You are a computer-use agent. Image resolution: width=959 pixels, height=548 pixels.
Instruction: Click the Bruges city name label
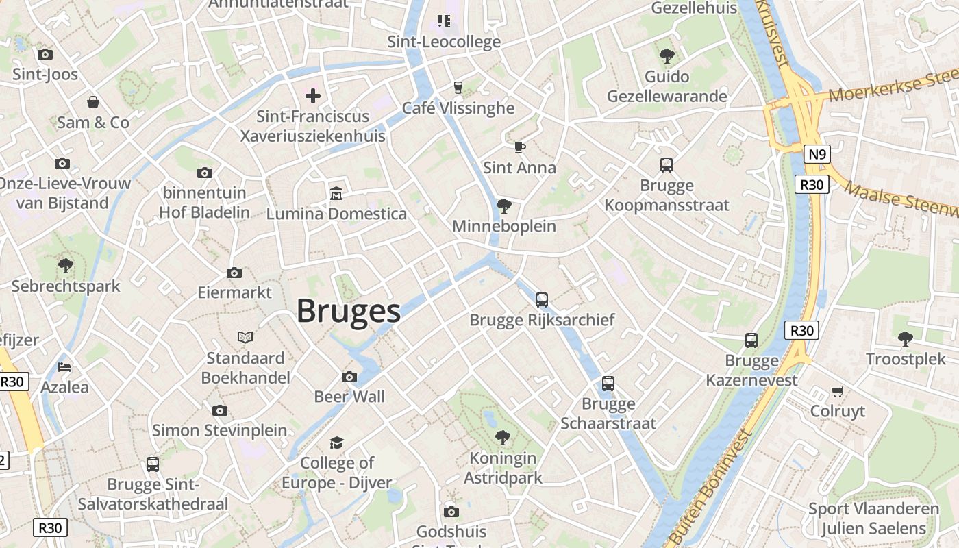[348, 312]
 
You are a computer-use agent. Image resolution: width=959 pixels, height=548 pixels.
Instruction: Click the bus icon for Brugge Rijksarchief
[542, 299]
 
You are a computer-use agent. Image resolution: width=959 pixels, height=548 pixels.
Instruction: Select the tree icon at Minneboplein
[504, 206]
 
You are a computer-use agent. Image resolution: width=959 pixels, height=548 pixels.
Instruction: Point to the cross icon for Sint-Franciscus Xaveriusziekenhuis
[313, 95]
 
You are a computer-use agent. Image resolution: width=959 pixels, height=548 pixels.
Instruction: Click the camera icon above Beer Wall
[349, 377]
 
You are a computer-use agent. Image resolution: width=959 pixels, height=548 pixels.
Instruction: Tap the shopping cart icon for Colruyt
[837, 391]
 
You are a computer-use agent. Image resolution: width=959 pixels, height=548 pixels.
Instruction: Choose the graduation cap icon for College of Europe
[337, 443]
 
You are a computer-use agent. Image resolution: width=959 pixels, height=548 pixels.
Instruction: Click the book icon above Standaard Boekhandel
[245, 337]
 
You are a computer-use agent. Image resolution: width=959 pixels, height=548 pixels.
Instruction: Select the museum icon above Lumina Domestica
[336, 194]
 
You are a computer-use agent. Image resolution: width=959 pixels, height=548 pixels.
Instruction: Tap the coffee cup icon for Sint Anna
[520, 147]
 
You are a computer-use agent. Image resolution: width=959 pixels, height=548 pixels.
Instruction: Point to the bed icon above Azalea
[64, 367]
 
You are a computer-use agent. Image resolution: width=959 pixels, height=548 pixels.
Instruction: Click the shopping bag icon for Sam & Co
[93, 102]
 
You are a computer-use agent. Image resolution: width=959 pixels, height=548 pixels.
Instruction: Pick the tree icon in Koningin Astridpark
[503, 437]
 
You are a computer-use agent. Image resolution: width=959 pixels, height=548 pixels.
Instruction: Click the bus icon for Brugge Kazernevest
[751, 340]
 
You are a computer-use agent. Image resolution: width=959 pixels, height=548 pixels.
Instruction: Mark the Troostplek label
[906, 359]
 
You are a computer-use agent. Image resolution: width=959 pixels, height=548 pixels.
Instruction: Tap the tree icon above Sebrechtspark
[66, 265]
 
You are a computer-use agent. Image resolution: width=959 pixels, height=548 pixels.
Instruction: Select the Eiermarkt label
[234, 292]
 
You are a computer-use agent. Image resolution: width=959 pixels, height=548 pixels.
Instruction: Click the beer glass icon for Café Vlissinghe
[458, 88]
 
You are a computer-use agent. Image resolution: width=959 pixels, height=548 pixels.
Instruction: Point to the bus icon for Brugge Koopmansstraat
[667, 164]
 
